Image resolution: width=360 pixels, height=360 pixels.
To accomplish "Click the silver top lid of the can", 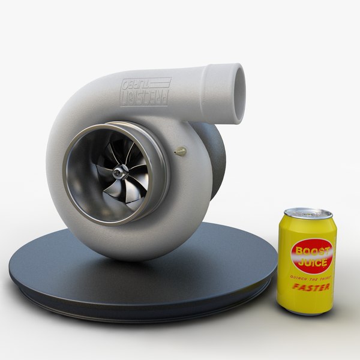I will point(308,214).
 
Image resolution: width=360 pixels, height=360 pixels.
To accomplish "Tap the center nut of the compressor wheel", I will point(122,172).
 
